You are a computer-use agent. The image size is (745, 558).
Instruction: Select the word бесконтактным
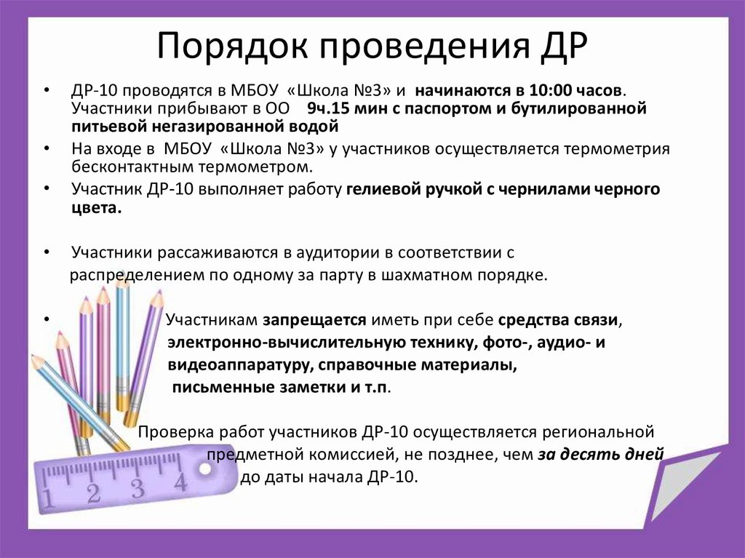[x=124, y=166]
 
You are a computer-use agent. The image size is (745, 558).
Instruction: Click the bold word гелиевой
[x=379, y=189]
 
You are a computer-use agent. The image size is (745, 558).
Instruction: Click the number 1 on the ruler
[x=49, y=499]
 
